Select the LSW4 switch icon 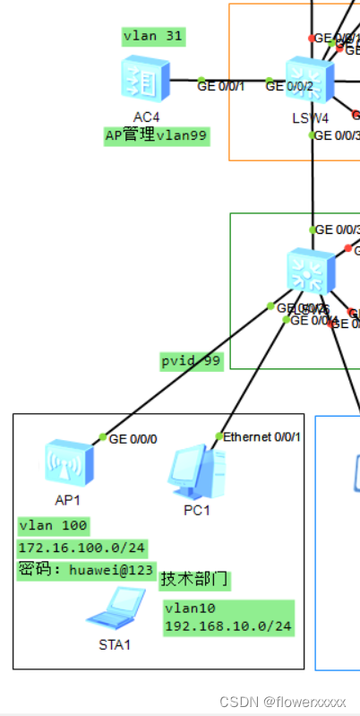(310, 82)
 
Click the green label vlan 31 (153, 37)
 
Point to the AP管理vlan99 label (156, 136)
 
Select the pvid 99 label (190, 360)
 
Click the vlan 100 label (52, 525)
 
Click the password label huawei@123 (86, 569)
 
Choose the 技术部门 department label (194, 580)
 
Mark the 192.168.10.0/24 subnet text (228, 626)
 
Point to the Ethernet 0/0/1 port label (262, 436)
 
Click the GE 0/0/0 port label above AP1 (133, 439)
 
